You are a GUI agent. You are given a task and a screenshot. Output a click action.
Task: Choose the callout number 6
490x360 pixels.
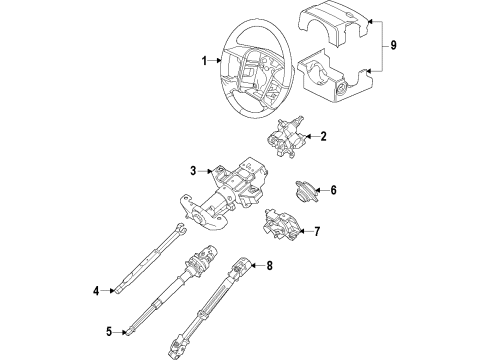[333, 190]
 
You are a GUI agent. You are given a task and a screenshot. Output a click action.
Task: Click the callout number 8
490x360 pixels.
[269, 265]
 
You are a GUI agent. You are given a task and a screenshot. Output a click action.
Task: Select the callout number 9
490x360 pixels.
[393, 44]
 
